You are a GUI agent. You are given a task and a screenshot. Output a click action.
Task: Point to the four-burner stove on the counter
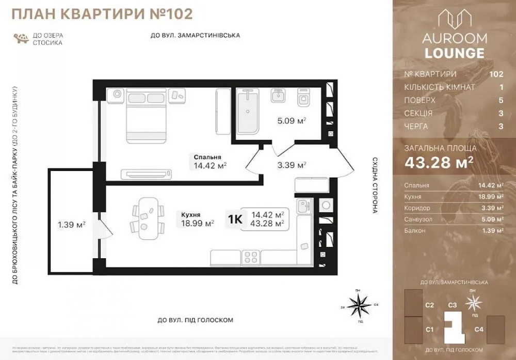pos(250,256)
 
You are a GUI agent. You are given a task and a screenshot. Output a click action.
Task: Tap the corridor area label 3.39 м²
pos(292,165)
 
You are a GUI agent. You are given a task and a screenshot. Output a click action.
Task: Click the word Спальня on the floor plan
pos(208,158)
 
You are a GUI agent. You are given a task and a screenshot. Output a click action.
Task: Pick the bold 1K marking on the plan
pos(235,219)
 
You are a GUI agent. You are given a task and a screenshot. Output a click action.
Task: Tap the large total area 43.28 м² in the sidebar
pos(439,163)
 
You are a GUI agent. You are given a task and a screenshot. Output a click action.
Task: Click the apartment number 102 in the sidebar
pos(496,74)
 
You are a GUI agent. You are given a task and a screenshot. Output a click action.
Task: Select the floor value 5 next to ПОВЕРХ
pos(500,100)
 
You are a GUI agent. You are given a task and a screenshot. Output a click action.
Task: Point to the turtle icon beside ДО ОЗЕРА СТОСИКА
pos(22,39)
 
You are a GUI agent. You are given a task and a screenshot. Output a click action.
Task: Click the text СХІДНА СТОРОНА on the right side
pos(375,186)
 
